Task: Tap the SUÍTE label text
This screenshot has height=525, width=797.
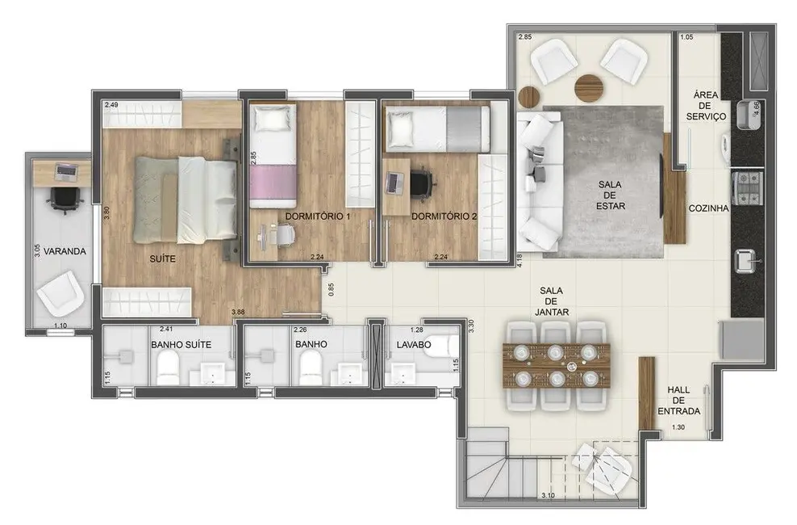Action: [164, 261]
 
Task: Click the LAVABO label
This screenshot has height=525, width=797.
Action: [412, 344]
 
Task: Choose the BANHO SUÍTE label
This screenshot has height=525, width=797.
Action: [181, 344]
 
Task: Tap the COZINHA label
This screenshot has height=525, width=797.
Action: [708, 208]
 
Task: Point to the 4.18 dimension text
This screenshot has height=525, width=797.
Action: [520, 258]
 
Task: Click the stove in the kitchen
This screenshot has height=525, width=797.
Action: [746, 187]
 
